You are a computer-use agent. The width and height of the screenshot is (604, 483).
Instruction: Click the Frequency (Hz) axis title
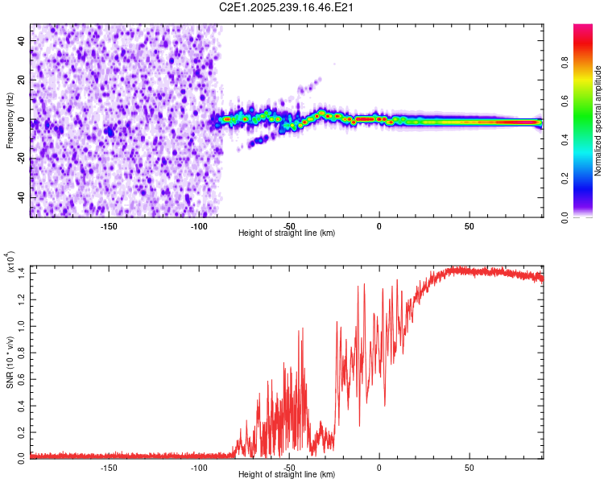coord(10,121)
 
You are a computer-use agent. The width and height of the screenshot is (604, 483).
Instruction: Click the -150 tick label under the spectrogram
coord(109,226)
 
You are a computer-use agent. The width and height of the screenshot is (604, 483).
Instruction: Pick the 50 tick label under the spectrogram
coord(469,226)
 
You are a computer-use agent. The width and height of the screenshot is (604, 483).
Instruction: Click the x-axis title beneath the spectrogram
coord(286,233)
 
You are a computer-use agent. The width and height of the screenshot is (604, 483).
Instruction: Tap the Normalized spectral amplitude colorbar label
coord(598,121)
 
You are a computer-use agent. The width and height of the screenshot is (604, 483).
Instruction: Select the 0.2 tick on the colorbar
coord(588,179)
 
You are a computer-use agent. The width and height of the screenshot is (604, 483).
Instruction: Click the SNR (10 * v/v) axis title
coord(10,362)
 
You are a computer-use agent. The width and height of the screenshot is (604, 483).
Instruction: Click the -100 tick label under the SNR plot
coord(198,468)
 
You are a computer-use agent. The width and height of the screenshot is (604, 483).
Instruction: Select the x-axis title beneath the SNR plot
coord(286,475)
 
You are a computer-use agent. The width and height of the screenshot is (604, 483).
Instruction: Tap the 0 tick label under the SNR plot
coord(379,468)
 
